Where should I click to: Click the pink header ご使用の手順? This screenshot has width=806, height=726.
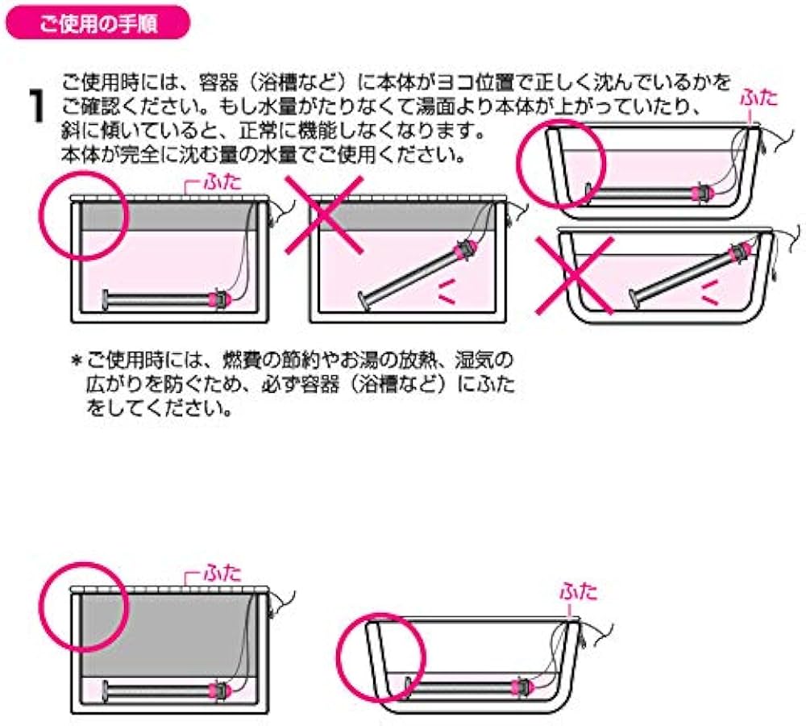[x=99, y=23]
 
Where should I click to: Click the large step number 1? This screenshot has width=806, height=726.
[x=35, y=106]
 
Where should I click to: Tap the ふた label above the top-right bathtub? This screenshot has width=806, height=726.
[x=761, y=98]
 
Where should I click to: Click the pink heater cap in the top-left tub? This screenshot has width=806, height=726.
[x=218, y=299]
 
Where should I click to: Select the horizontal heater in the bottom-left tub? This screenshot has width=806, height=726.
[x=161, y=691]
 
